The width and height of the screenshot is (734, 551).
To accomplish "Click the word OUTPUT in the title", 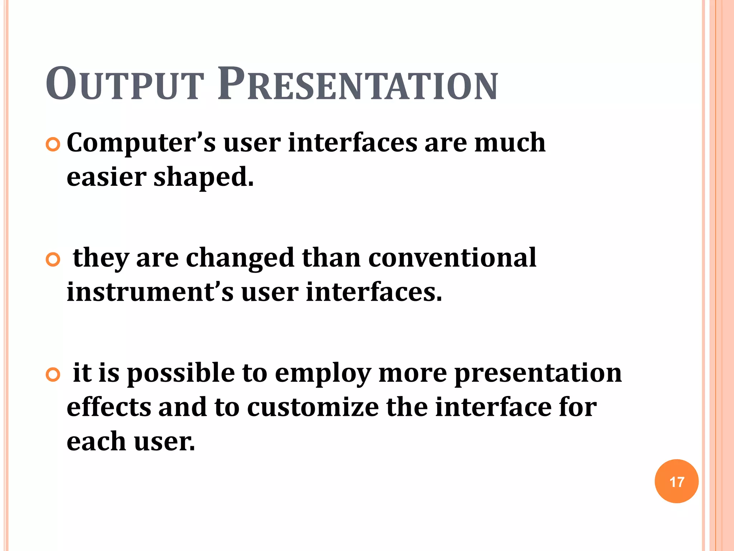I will (124, 84).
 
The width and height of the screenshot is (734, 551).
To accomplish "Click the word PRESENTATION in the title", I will (357, 84).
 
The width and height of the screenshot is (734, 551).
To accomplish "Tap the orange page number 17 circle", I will (676, 481).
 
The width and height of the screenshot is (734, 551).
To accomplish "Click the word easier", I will (106, 177).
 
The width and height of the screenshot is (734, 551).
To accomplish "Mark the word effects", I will (109, 407).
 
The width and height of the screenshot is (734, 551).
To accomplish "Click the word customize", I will (313, 407).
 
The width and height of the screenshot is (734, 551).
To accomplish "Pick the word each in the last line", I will (96, 441).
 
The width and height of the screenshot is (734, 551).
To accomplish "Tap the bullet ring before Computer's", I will (53, 145).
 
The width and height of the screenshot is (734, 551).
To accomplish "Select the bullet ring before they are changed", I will (53, 260).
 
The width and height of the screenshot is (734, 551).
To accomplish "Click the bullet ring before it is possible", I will (53, 375).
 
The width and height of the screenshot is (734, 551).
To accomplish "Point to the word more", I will (413, 373).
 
